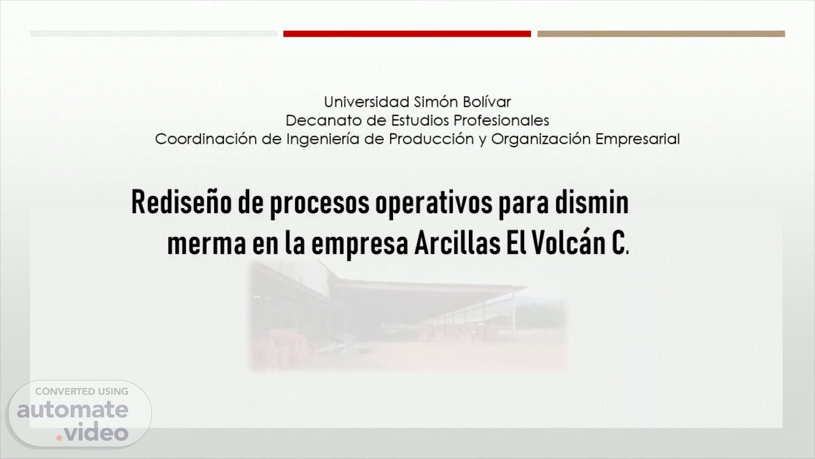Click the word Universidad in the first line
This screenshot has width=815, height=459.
[367, 102]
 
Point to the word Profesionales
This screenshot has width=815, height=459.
[501, 120]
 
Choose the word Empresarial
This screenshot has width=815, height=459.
[638, 139]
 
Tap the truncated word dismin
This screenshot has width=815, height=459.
[592, 202]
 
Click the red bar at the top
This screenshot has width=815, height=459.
[407, 34]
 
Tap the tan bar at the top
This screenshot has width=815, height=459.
[661, 34]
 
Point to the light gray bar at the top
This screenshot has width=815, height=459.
[154, 34]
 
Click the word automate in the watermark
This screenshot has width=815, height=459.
[73, 410]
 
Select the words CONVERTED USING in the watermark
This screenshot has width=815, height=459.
[81, 391]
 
